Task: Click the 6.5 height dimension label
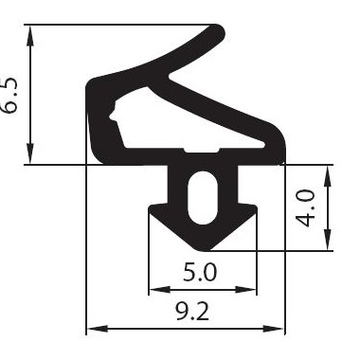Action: coord(9,96)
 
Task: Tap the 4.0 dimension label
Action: coord(306,208)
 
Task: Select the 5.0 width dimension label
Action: coord(200,273)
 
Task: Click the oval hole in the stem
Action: coord(203,198)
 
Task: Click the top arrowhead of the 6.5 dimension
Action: coord(30,36)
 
